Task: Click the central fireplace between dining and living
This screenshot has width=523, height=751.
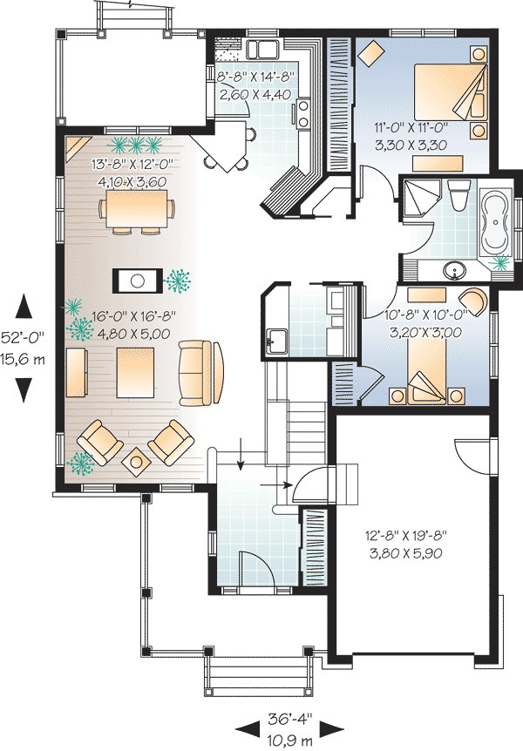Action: point(137,280)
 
